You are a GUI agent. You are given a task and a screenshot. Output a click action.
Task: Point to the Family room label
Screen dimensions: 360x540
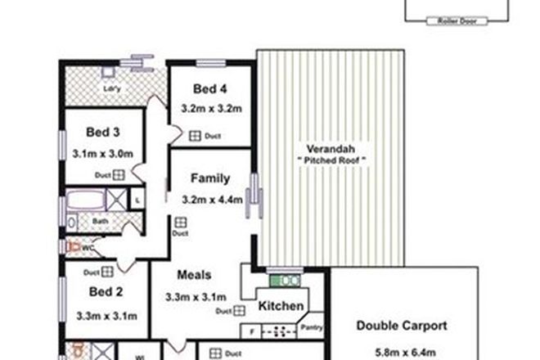pos(210,178)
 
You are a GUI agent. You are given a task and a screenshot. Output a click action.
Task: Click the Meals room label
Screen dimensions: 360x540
pos(194,275)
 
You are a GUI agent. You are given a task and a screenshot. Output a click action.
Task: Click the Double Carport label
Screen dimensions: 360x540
pos(402,325)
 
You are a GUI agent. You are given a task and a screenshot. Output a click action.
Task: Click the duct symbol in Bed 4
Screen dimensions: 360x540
pos(196,137)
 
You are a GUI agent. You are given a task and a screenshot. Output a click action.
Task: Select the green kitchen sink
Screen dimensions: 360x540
pos(286,280)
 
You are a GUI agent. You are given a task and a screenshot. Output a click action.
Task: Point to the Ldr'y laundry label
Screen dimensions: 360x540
pos(111,88)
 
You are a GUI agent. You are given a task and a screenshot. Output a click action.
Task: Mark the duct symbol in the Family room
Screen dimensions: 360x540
pos(180,222)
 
